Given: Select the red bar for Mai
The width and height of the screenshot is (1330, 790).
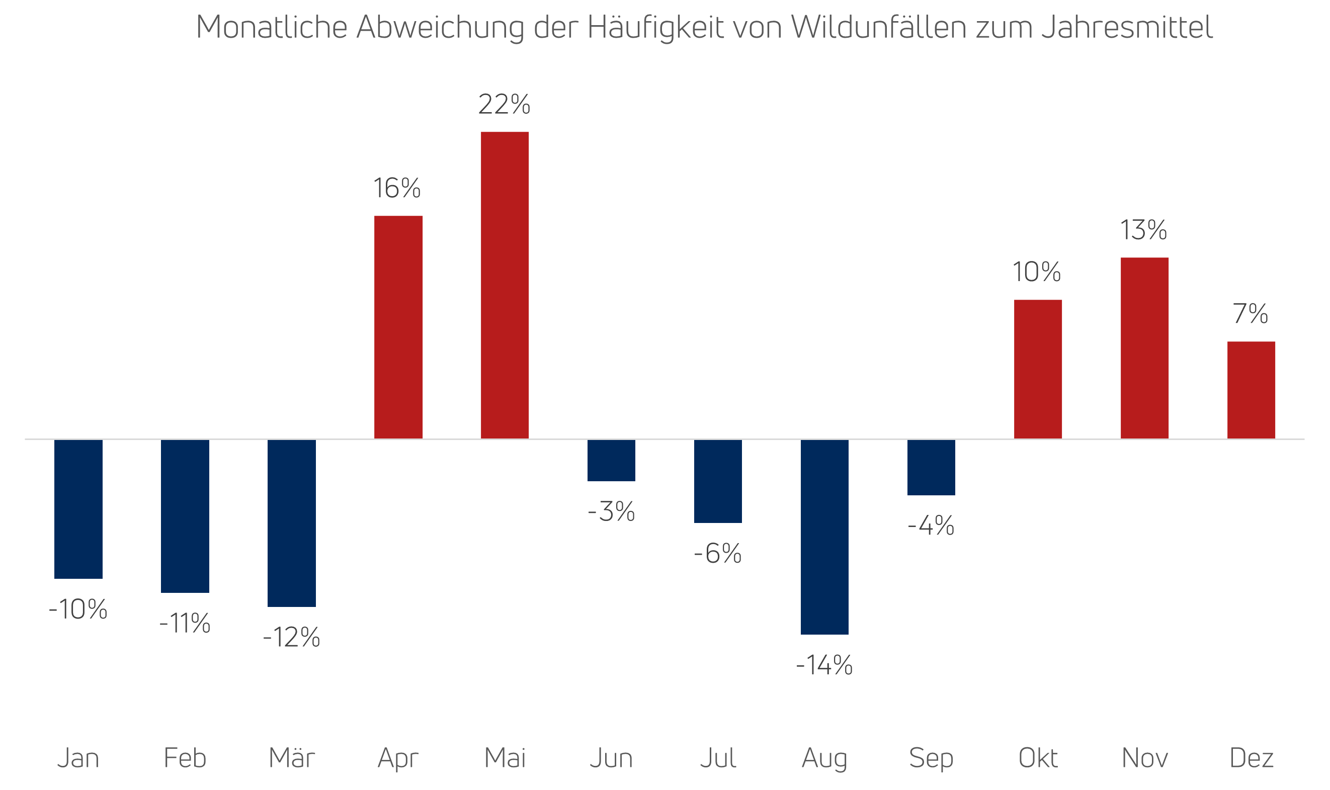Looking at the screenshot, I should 505,285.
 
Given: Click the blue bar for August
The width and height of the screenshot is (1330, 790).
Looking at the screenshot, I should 824,537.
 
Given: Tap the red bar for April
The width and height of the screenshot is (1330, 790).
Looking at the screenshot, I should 398,327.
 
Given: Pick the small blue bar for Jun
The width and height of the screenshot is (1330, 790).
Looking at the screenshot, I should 611,461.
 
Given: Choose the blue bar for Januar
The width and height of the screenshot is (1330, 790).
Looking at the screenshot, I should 78,509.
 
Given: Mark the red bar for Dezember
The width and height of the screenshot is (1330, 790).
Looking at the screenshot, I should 1251,390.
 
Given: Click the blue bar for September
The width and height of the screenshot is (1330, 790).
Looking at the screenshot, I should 931,467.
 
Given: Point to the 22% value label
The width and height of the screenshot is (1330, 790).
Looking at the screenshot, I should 504,104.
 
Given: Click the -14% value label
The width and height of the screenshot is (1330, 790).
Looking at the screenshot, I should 824,665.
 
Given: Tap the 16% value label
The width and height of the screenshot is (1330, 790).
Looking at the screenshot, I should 397,189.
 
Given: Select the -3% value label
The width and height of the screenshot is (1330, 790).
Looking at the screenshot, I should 611,511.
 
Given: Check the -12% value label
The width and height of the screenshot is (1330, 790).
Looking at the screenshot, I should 291,637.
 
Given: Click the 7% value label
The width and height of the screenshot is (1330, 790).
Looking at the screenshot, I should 1251,314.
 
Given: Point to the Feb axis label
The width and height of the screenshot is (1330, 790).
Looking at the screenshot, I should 185,758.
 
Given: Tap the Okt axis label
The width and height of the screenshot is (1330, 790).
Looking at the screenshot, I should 1038,758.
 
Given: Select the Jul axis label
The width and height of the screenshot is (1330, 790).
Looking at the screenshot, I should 718,758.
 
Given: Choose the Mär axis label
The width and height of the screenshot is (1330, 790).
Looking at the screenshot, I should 292,758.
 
